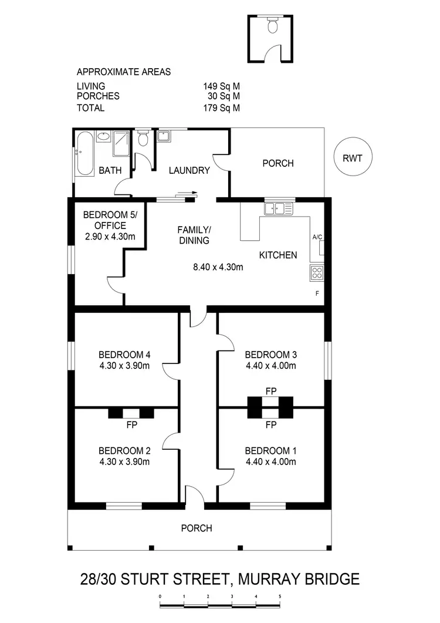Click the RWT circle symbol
352,157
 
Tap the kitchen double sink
279,208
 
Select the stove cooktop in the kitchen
317,272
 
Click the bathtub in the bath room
84,154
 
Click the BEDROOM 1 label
270,451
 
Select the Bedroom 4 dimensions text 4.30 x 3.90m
124,365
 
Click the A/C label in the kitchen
317,237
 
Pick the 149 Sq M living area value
221,86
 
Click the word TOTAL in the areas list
90,108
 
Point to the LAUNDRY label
189,171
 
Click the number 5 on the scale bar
280,597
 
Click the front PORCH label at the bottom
197,528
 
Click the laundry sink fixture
164,137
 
